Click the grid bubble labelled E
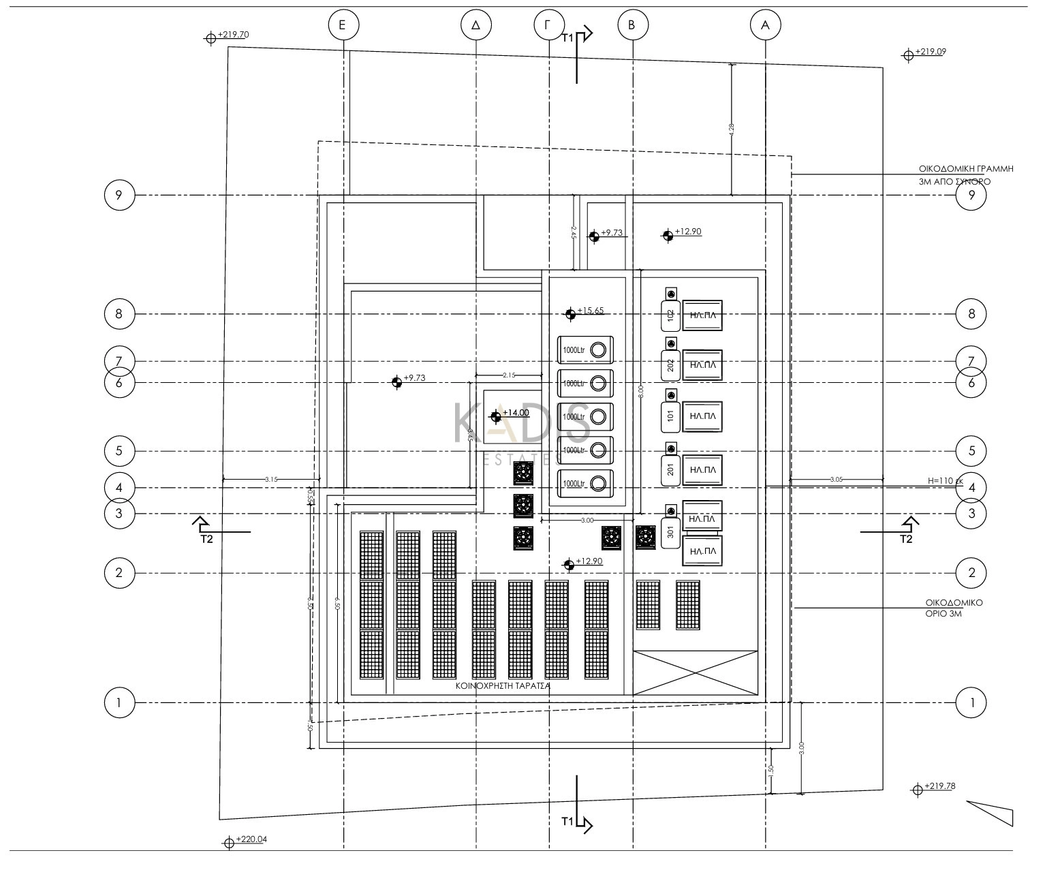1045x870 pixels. click(x=343, y=26)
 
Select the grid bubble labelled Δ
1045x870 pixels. click(x=475, y=26)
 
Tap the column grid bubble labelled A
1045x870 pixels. click(x=765, y=26)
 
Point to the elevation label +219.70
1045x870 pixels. click(x=233, y=34)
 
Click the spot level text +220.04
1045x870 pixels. click(x=251, y=839)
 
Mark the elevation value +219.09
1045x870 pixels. click(x=930, y=51)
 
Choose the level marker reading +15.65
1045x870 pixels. click(x=590, y=311)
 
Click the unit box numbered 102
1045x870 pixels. click(x=670, y=316)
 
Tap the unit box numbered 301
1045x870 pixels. click(x=670, y=532)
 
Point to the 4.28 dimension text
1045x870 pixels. click(x=732, y=130)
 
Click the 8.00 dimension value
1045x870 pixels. click(x=640, y=391)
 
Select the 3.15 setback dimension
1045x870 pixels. click(x=271, y=480)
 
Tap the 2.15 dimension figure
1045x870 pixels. click(x=508, y=375)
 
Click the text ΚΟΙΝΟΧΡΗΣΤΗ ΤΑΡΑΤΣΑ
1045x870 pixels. click(x=503, y=687)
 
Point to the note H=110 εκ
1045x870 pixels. click(x=945, y=481)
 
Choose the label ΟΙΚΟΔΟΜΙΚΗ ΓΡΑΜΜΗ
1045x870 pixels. click(x=965, y=168)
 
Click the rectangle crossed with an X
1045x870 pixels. click(x=695, y=672)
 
